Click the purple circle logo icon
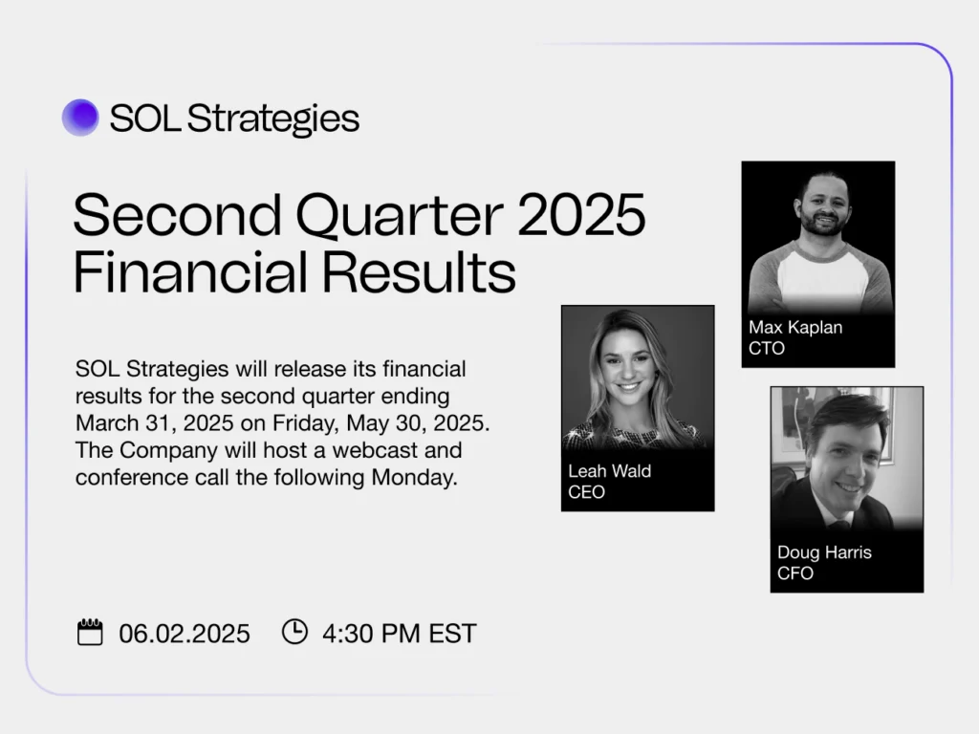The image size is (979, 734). [x=80, y=118]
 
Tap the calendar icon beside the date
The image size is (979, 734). [x=90, y=633]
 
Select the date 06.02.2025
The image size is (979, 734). [x=185, y=634]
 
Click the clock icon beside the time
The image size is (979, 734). [x=294, y=632]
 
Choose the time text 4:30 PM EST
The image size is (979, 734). [x=399, y=634]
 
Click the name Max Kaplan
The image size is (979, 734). [x=795, y=328]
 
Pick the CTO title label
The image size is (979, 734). [x=767, y=348]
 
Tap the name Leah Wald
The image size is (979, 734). [x=610, y=472]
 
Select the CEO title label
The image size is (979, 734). [x=586, y=492]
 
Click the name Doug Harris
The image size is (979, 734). [x=824, y=552]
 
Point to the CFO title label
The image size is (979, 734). [x=795, y=573]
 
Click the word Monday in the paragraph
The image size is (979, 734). [x=418, y=478]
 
